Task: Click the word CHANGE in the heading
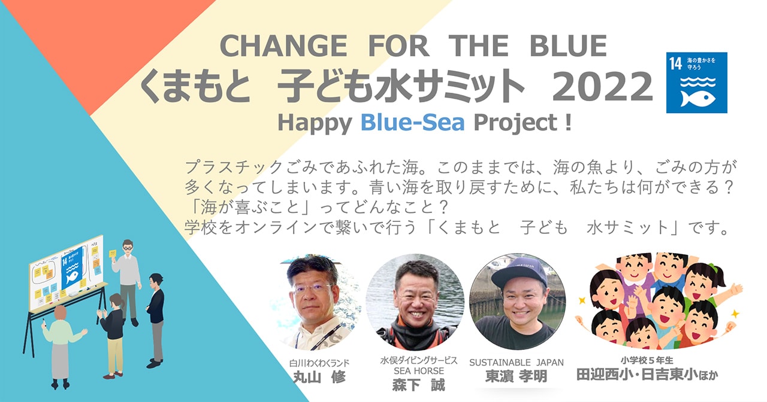(283, 46)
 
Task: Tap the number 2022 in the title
(602, 86)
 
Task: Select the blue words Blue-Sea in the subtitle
(413, 123)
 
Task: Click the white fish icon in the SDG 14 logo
(697, 98)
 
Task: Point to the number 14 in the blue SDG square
(675, 63)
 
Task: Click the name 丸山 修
(319, 377)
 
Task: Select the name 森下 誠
(418, 385)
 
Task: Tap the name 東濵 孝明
(517, 376)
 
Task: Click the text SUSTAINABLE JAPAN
(517, 363)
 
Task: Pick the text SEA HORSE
(418, 371)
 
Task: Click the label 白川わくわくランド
(319, 363)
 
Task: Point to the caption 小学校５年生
(647, 360)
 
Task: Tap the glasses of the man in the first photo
(312, 289)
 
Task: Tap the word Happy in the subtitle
(315, 123)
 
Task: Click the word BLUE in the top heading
(568, 46)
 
